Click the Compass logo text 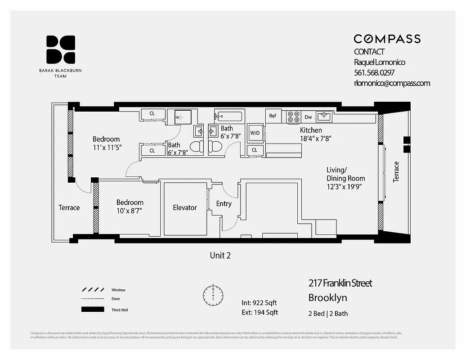(x=387, y=39)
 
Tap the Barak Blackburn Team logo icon (x=61, y=49)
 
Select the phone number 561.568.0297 (x=375, y=72)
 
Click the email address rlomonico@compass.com (x=392, y=83)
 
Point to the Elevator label (x=185, y=207)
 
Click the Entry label (x=224, y=204)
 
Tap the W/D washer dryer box (x=255, y=133)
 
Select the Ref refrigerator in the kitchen (x=273, y=116)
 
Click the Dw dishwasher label (x=308, y=117)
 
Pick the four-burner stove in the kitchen (x=293, y=117)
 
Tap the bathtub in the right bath (x=228, y=117)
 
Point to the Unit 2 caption (x=220, y=256)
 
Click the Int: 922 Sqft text (x=260, y=303)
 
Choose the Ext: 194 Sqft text (x=260, y=312)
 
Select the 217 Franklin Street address (x=340, y=283)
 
